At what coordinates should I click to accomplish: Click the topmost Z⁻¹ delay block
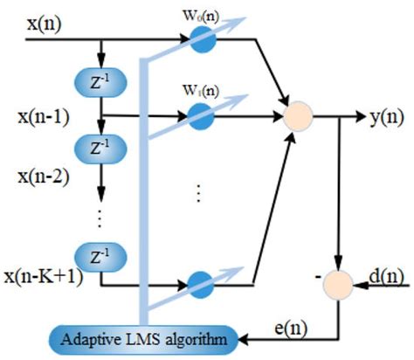[103, 84]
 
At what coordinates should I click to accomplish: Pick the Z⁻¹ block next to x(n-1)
[103, 144]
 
